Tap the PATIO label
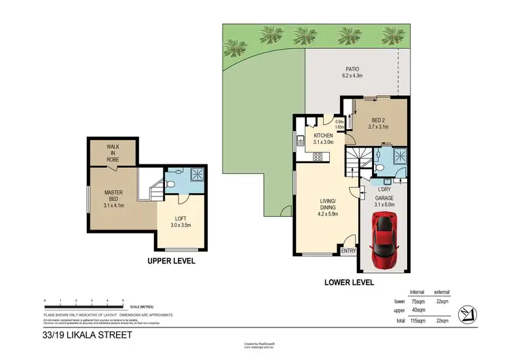[352, 69]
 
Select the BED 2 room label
[377, 122]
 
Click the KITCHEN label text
[323, 139]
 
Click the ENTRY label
[348, 251]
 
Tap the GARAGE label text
[384, 198]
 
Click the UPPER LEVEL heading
[171, 261]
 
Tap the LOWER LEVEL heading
[349, 281]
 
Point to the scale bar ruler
[83, 305]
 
